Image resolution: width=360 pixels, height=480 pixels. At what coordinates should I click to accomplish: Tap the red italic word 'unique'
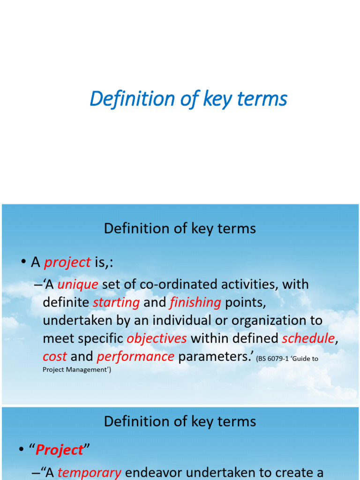tap(78, 285)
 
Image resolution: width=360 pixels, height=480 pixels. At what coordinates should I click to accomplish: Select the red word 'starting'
tap(116, 303)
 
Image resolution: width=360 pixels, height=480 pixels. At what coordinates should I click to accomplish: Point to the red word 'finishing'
tap(195, 302)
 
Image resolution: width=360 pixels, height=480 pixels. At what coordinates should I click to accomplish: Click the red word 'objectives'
tap(157, 338)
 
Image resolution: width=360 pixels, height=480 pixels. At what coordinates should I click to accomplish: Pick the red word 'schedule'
tap(308, 338)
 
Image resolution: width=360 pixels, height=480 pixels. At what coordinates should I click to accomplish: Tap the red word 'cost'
tap(55, 357)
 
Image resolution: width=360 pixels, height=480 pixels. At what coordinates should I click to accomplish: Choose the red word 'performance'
tap(135, 357)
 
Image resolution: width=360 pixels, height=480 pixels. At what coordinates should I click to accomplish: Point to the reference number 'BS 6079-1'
tap(273, 359)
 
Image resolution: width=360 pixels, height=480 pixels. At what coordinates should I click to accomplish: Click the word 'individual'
tap(185, 320)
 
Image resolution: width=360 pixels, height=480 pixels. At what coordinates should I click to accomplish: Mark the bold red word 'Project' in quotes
tap(60, 450)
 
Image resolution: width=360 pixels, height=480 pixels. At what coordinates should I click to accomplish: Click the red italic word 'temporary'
tap(90, 473)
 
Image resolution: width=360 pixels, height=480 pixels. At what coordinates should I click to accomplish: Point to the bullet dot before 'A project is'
tap(23, 262)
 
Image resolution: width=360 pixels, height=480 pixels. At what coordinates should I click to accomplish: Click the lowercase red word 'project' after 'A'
tap(67, 262)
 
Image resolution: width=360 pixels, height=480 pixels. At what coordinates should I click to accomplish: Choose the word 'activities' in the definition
tap(250, 285)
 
